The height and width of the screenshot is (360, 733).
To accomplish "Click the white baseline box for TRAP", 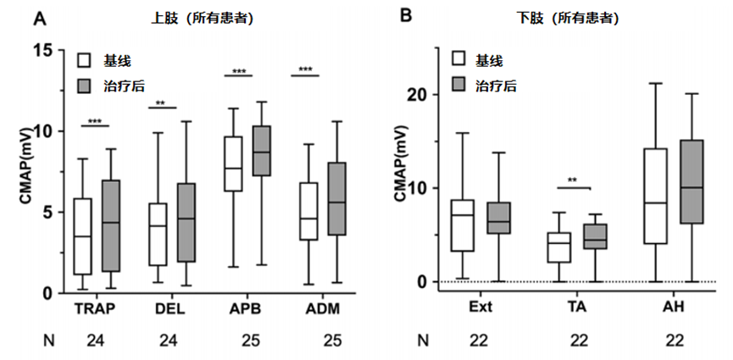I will coord(83,236).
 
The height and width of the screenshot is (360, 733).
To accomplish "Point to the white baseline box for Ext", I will coord(462,225).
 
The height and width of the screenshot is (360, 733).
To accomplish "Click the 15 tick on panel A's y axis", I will coord(50,50).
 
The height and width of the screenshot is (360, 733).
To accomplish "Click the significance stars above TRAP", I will coord(94,122).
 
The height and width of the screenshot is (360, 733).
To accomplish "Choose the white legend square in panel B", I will coord(458,58).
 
